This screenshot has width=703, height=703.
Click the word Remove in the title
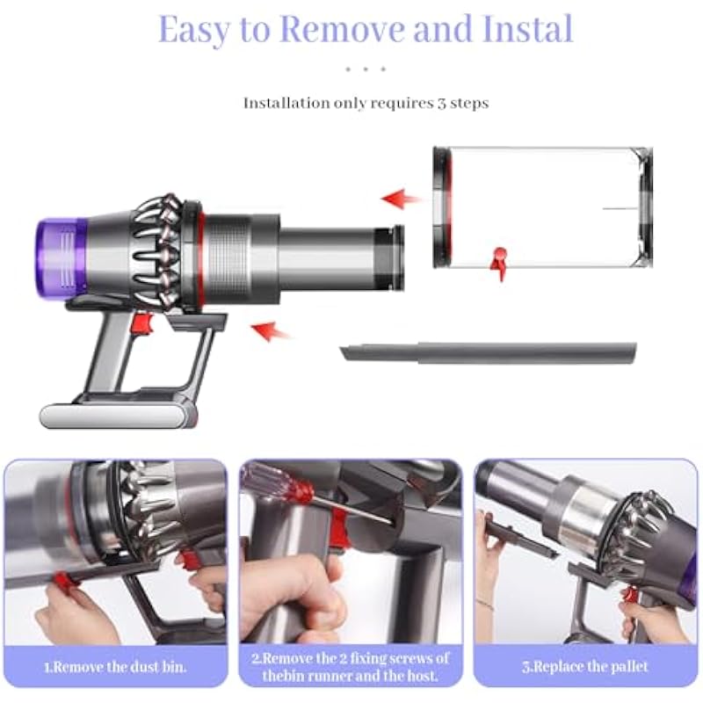[342, 29]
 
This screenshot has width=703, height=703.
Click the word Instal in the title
[528, 28]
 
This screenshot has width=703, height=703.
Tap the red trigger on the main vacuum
[143, 324]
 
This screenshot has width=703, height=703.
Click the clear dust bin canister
[542, 207]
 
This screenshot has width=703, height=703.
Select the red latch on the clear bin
[499, 263]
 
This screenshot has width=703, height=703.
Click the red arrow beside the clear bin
[401, 199]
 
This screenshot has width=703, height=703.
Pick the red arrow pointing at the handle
[271, 331]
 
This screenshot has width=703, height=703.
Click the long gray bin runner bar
[488, 352]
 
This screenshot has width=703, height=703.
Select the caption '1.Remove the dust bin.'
[115, 667]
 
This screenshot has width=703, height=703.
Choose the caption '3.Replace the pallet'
[585, 667]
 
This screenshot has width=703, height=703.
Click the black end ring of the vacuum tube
[388, 257]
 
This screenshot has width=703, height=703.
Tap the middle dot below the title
[366, 69]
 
